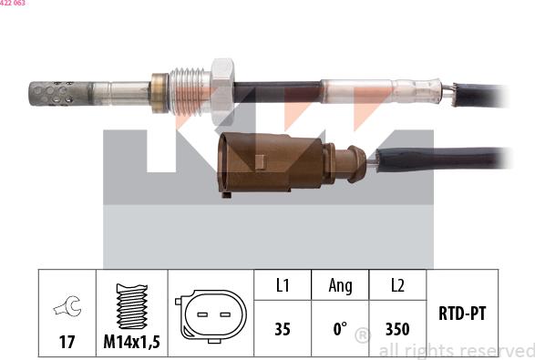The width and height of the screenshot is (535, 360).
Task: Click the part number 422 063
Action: pos(13,4)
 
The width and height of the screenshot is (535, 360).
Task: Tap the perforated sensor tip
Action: pos(57,91)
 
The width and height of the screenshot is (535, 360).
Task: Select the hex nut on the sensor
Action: pos(222,89)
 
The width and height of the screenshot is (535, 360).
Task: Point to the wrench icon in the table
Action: pos(67,309)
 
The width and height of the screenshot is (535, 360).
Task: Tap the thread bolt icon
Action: pos(133,306)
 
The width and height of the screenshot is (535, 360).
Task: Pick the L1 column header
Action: pos(283,286)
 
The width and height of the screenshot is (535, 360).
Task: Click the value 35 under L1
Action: pos(283,329)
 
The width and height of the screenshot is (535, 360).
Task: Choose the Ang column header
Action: pos(340,286)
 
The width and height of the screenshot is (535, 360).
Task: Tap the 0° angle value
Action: pos(340,329)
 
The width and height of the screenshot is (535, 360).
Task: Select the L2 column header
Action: pos(397,286)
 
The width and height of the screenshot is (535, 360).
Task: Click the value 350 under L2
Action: pos(397,329)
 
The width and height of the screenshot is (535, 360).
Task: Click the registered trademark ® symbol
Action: pos(362,337)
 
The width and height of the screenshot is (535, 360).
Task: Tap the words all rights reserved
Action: pos(456,351)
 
